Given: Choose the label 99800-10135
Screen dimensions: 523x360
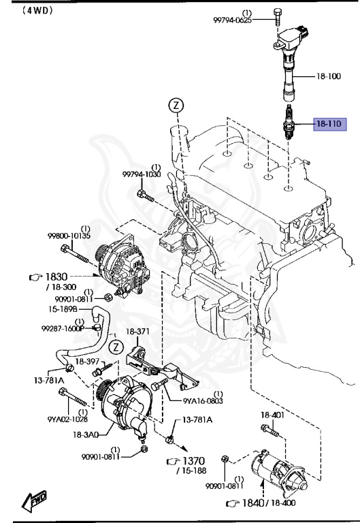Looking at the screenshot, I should tap(69, 236).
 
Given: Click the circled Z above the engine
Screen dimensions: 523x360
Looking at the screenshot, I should tap(176, 106).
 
